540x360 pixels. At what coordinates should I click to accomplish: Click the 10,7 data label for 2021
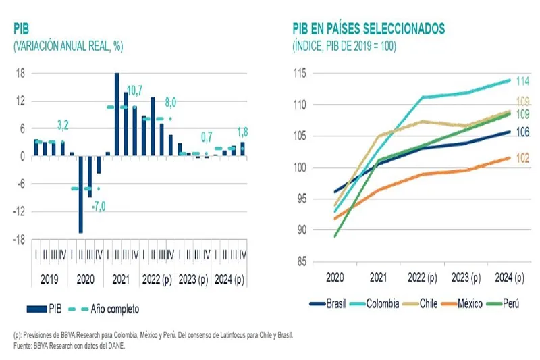tap(135, 90)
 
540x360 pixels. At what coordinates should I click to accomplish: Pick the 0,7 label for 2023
tap(207, 138)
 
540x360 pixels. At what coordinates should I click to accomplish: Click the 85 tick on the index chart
tap(302, 261)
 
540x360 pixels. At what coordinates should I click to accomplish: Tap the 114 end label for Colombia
tap(522, 81)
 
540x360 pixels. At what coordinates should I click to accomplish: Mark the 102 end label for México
tap(522, 157)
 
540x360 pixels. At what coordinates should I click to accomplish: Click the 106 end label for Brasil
tap(522, 132)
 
